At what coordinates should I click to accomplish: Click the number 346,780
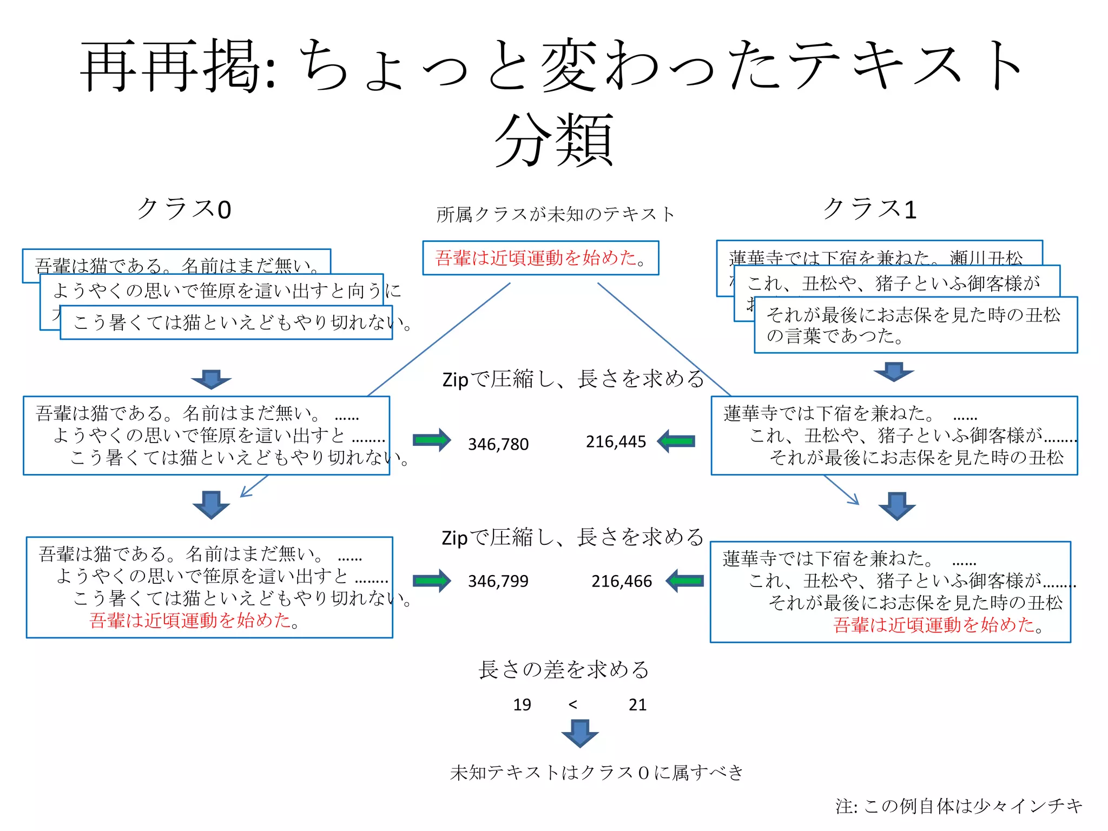(x=498, y=444)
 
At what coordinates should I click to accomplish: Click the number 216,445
(x=616, y=442)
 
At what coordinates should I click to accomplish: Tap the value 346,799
(x=498, y=581)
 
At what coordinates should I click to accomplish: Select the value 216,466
(x=621, y=581)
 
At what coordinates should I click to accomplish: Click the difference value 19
(x=522, y=704)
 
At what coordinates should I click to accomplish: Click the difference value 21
(x=637, y=704)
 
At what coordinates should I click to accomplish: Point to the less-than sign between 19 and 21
(x=573, y=704)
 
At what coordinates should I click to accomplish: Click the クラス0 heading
(x=184, y=209)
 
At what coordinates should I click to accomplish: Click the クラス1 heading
(x=869, y=209)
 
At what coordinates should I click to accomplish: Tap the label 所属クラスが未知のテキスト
(x=556, y=214)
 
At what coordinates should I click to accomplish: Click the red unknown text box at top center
(x=540, y=258)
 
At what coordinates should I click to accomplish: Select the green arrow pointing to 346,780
(x=431, y=440)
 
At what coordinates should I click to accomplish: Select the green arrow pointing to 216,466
(x=685, y=581)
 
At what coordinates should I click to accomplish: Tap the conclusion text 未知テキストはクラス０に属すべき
(x=597, y=772)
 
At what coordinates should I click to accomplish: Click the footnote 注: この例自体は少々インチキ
(x=959, y=806)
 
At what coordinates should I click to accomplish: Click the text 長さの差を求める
(x=563, y=670)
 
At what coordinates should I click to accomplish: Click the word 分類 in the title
(x=553, y=141)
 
